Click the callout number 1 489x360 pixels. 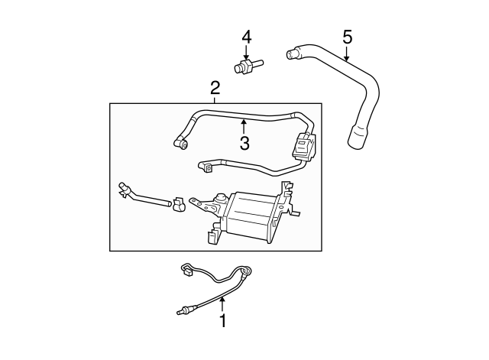tap(222, 320)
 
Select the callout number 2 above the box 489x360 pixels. tap(215, 88)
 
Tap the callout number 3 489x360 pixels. tap(244, 143)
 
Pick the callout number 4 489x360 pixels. tap(246, 37)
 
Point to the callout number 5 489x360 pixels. tap(347, 37)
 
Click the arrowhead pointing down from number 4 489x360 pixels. tap(246, 57)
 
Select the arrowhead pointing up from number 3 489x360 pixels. tap(244, 122)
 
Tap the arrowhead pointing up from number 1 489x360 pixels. tap(222, 300)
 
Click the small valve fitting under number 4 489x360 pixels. tap(248, 66)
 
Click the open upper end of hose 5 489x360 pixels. tap(290, 54)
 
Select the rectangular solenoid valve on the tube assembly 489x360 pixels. tap(303, 146)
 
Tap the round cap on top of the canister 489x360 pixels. tap(221, 198)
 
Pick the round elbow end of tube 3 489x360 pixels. tap(181, 143)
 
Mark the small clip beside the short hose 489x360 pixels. tap(178, 204)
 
